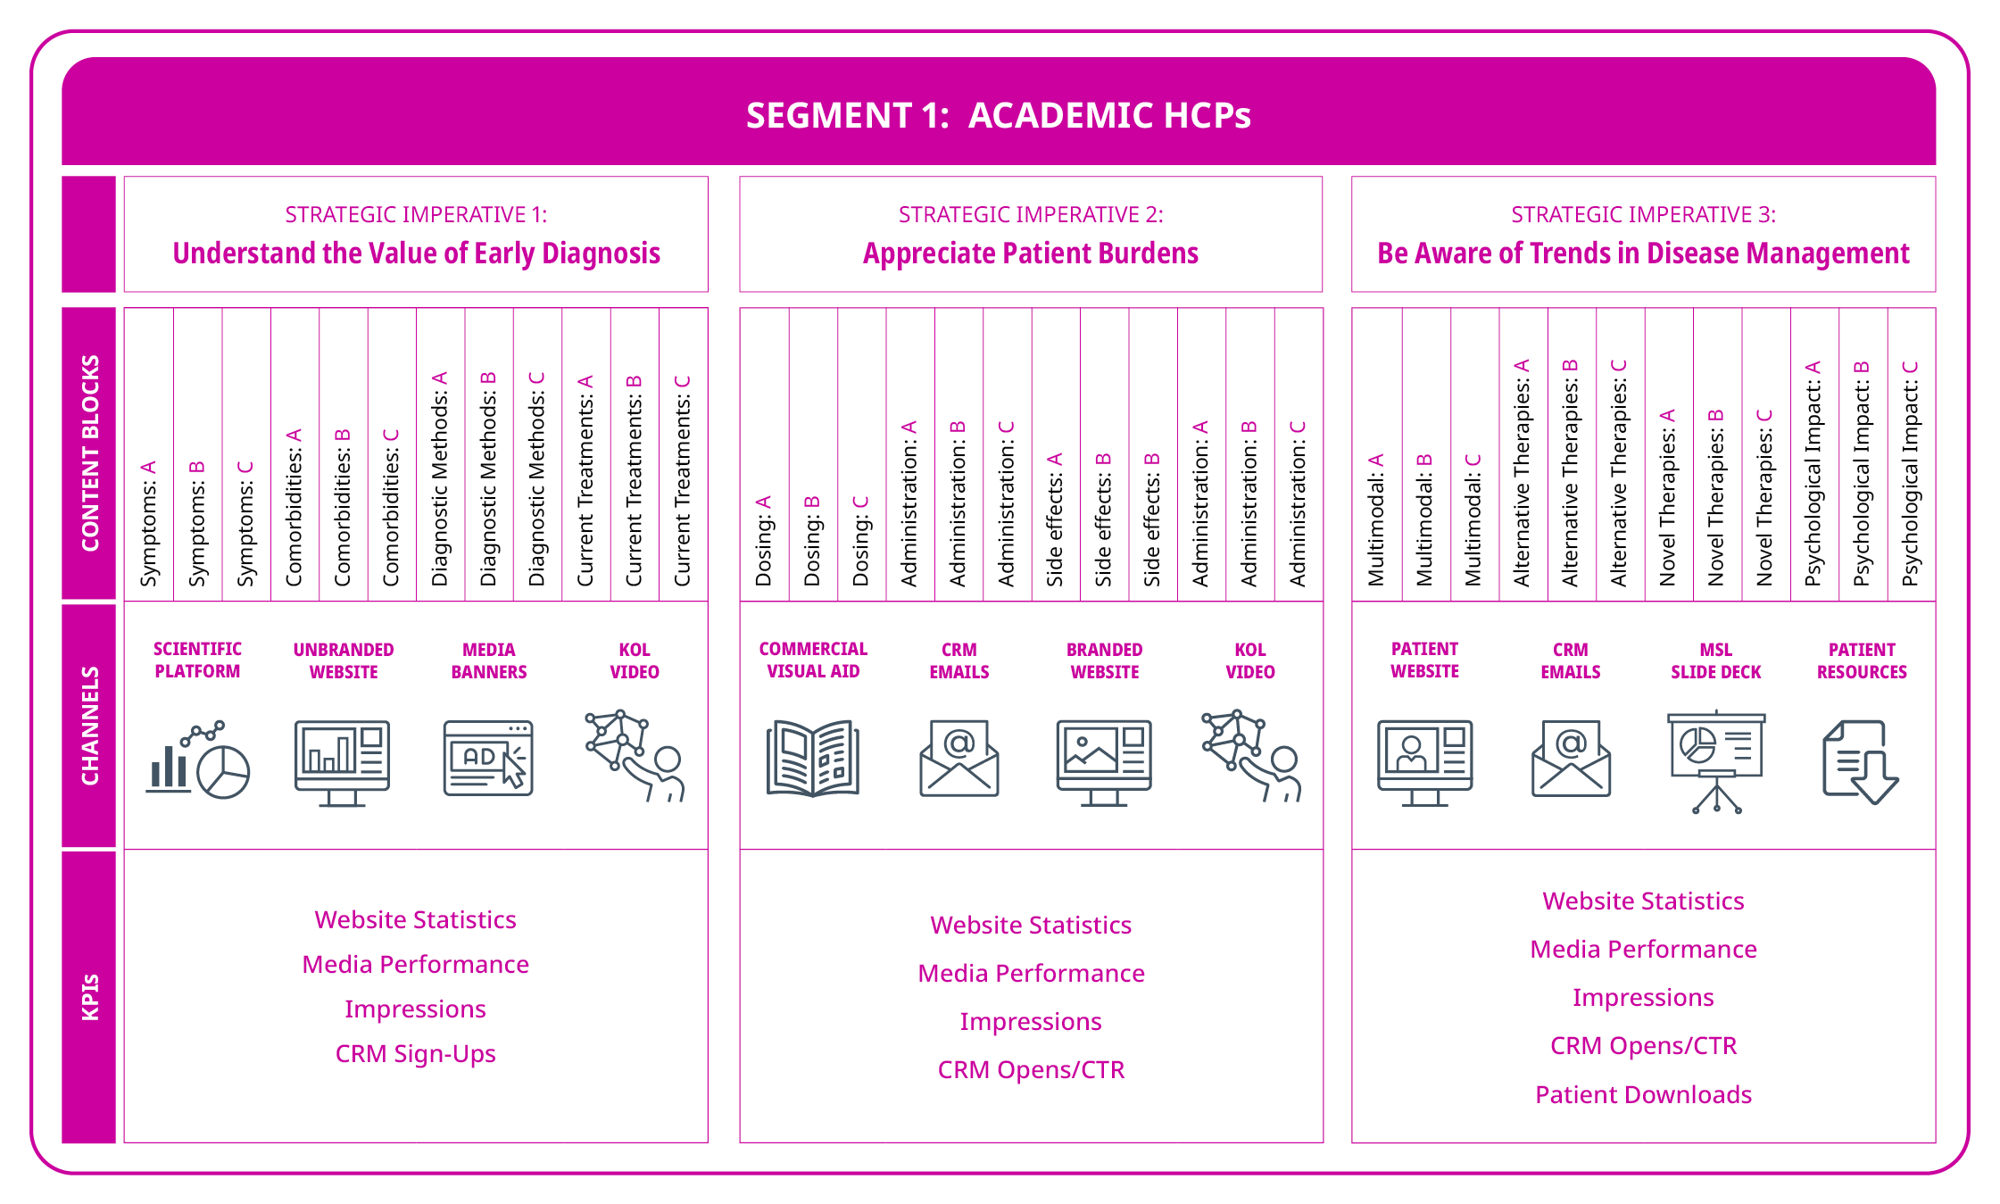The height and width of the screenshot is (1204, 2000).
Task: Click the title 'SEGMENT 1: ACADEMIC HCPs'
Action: [x=998, y=115]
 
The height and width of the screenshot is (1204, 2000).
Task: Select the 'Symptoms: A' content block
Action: [x=148, y=523]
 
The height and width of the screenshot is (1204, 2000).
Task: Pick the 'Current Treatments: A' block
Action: [x=585, y=480]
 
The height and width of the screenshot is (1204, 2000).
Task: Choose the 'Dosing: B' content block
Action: [x=812, y=540]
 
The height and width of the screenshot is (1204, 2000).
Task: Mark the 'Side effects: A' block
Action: [x=1055, y=519]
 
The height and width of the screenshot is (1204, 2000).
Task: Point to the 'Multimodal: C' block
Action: [x=1473, y=519]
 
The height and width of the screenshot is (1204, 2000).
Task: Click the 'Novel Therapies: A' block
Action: [x=1667, y=496]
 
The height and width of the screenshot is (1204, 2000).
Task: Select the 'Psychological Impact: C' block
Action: [x=1910, y=473]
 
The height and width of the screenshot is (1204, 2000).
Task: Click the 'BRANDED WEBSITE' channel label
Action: [x=1104, y=660]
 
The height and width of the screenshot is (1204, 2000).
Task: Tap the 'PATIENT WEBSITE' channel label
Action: [x=1424, y=660]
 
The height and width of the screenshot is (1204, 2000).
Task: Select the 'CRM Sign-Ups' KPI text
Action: [x=415, y=1053]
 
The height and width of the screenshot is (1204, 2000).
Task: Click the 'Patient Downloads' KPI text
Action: [x=1643, y=1094]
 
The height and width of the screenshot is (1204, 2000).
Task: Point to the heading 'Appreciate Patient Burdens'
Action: [x=1030, y=253]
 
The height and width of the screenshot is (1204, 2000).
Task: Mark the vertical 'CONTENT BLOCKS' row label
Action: [x=89, y=453]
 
